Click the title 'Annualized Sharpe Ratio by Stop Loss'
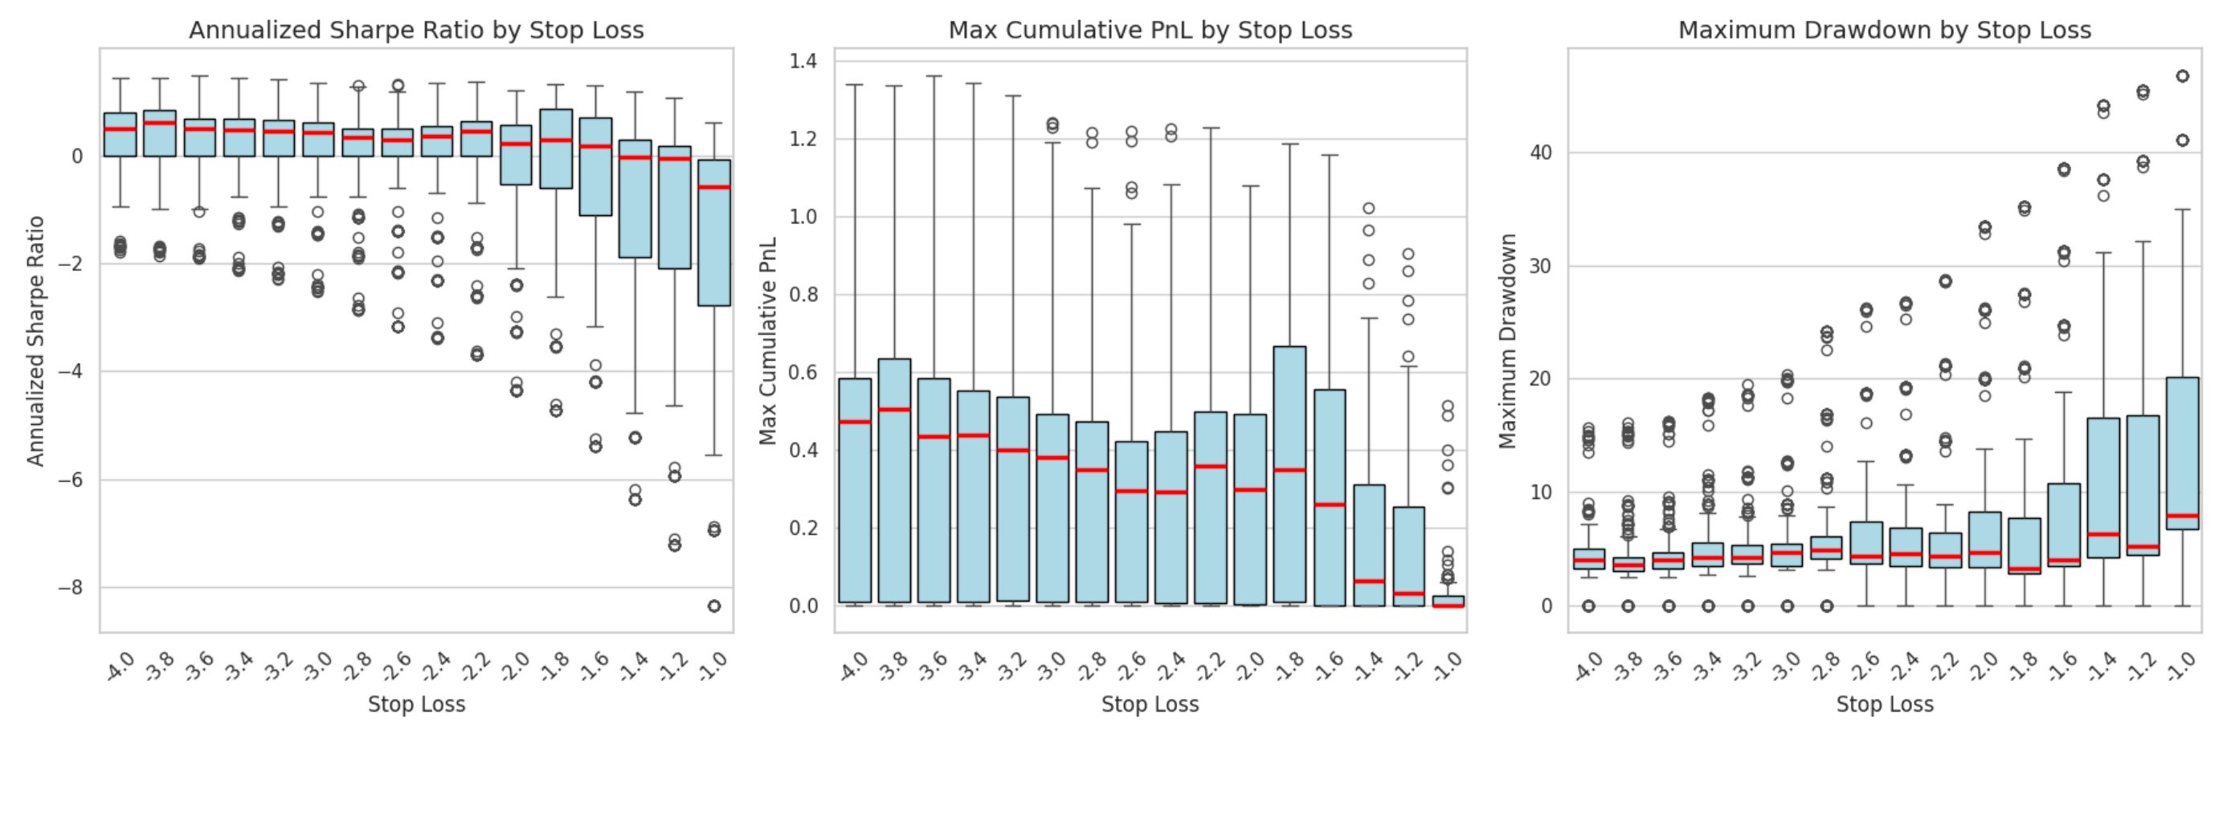(416, 31)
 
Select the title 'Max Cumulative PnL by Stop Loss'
(1150, 31)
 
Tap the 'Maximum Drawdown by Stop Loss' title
(1885, 31)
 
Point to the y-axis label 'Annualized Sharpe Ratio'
(35, 341)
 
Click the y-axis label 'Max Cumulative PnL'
(768, 341)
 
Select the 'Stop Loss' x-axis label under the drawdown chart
(1885, 704)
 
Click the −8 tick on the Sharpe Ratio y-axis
(71, 588)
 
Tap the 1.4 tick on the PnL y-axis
(803, 60)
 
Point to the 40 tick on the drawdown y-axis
(1542, 153)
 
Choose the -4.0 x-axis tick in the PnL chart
(852, 667)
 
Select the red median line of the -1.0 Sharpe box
(714, 186)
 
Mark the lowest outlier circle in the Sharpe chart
(714, 606)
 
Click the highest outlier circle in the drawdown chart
(2183, 76)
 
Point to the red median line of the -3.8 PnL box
(895, 409)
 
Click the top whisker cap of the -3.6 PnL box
(934, 76)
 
